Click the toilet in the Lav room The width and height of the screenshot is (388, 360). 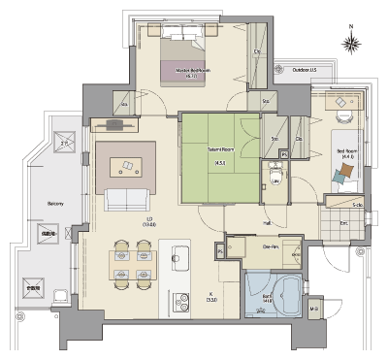click(275, 185)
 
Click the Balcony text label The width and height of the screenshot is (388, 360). click(54, 204)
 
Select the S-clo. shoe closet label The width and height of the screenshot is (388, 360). click(357, 205)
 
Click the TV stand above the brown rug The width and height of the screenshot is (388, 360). click(115, 124)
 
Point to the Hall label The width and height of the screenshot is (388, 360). click(267, 222)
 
